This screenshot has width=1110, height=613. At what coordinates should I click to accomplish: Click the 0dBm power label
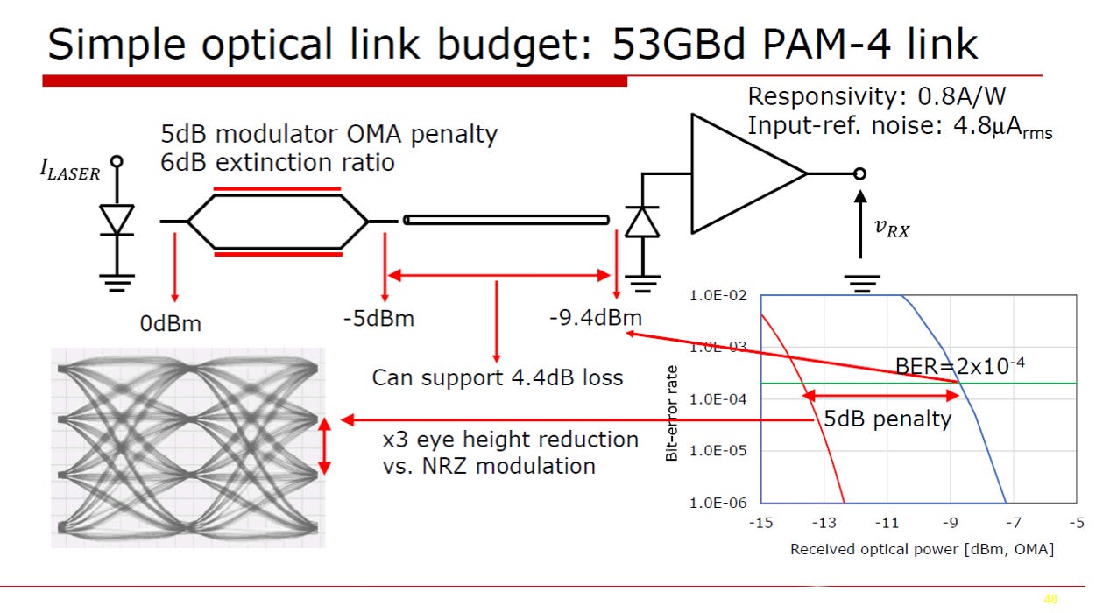point(171,324)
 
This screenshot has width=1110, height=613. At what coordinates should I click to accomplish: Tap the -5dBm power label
point(378,319)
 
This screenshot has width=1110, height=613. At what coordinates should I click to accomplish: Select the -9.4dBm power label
point(596,317)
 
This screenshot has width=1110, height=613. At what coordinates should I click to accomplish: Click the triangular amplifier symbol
point(748,173)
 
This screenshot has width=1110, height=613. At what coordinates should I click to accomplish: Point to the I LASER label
point(70,169)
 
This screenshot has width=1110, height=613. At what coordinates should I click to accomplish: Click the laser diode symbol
point(117,220)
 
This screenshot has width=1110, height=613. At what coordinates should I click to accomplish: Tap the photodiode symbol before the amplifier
point(642,222)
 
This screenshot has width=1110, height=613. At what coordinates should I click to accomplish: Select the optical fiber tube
point(506,220)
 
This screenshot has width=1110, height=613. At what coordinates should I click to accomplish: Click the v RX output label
point(892,228)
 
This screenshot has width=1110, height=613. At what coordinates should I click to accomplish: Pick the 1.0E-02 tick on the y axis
point(718,296)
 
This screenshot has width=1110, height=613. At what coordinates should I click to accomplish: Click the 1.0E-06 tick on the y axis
point(718,503)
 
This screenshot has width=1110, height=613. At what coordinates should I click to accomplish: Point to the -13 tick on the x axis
point(824,523)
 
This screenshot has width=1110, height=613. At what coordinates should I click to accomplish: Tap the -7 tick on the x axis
point(1014,523)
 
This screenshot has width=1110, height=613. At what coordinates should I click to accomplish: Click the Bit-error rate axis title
point(671,413)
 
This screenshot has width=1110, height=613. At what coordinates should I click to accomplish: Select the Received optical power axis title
point(922,550)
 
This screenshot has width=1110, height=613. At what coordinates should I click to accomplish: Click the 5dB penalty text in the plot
point(887,419)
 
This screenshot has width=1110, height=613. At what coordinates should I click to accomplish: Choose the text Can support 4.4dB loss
point(497,377)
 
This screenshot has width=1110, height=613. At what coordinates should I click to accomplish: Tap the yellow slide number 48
point(1050,599)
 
